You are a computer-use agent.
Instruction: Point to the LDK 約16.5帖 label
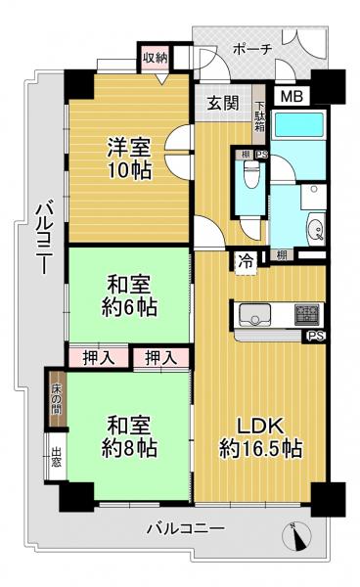260,439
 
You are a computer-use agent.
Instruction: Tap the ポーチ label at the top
253,48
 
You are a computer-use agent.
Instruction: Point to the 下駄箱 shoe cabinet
259,118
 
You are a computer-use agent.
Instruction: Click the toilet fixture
250,179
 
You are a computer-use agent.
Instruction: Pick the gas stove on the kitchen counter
307,315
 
